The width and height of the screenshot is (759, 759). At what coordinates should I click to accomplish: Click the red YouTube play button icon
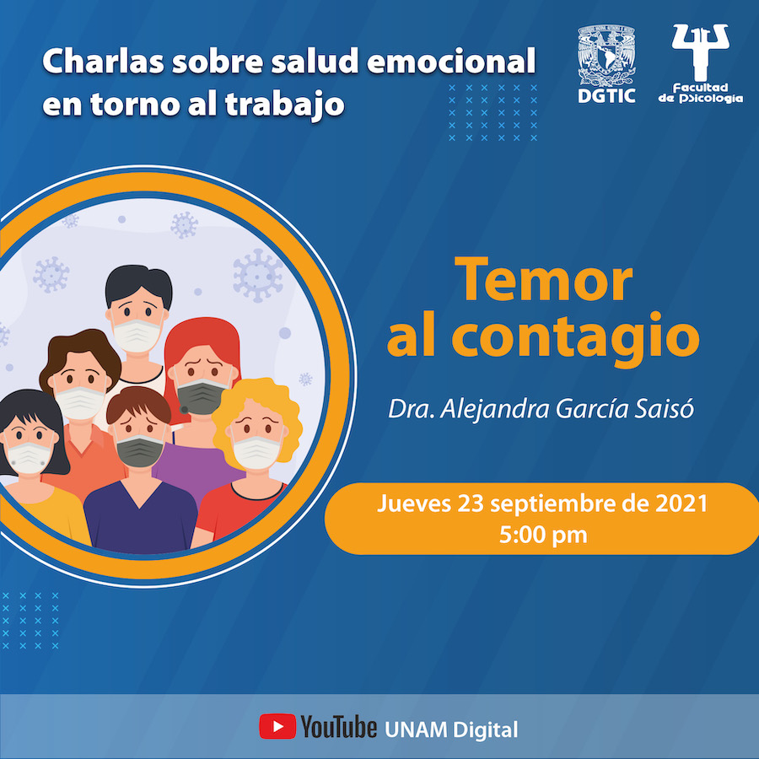coord(277,726)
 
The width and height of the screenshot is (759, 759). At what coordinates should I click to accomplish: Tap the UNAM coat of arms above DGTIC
coord(606,56)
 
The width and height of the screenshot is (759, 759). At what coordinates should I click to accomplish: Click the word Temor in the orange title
coord(543,280)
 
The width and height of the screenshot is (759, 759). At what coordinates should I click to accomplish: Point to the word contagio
coord(575,338)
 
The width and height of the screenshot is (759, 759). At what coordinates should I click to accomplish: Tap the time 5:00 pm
coord(543,535)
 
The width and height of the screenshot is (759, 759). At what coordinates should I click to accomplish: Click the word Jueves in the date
coord(414,504)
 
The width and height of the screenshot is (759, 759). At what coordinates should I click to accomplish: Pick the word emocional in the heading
coord(451,62)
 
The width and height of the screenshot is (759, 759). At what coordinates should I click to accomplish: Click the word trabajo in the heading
coord(285,105)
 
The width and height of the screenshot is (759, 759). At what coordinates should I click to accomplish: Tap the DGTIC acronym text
coord(606,96)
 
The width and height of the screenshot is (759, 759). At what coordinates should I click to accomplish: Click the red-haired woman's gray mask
coord(201,396)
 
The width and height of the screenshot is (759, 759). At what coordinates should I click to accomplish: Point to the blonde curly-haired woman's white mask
coord(256,452)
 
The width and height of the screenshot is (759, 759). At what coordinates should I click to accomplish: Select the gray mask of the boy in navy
coord(140,450)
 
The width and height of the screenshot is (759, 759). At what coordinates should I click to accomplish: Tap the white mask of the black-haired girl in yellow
coord(29,458)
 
